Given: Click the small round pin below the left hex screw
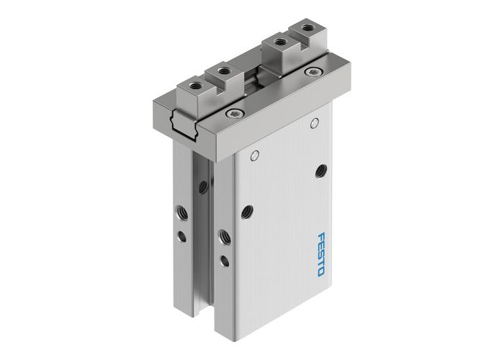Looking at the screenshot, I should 254,156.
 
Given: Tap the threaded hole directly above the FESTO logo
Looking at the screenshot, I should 320,171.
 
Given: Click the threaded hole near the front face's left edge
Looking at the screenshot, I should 247,212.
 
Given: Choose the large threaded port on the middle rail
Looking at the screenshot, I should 222,235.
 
